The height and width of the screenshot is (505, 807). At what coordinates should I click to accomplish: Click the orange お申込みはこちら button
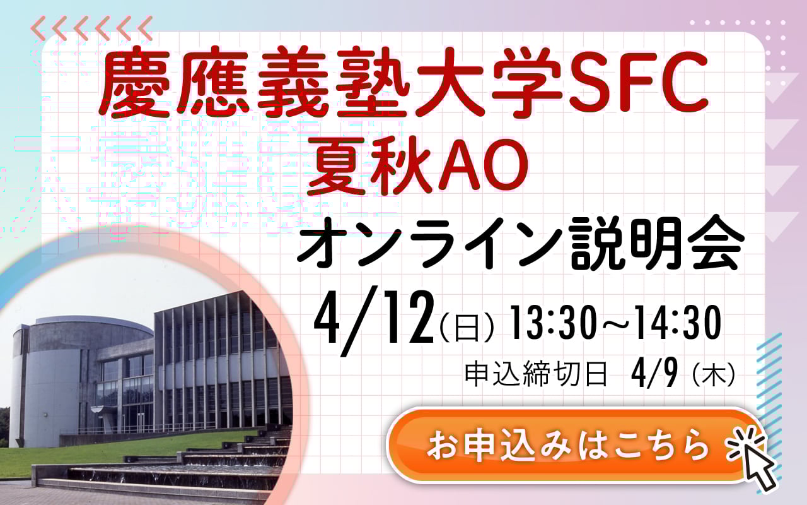[x=567, y=446]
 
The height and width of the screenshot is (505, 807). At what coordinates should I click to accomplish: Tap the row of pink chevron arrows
[x=91, y=27]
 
